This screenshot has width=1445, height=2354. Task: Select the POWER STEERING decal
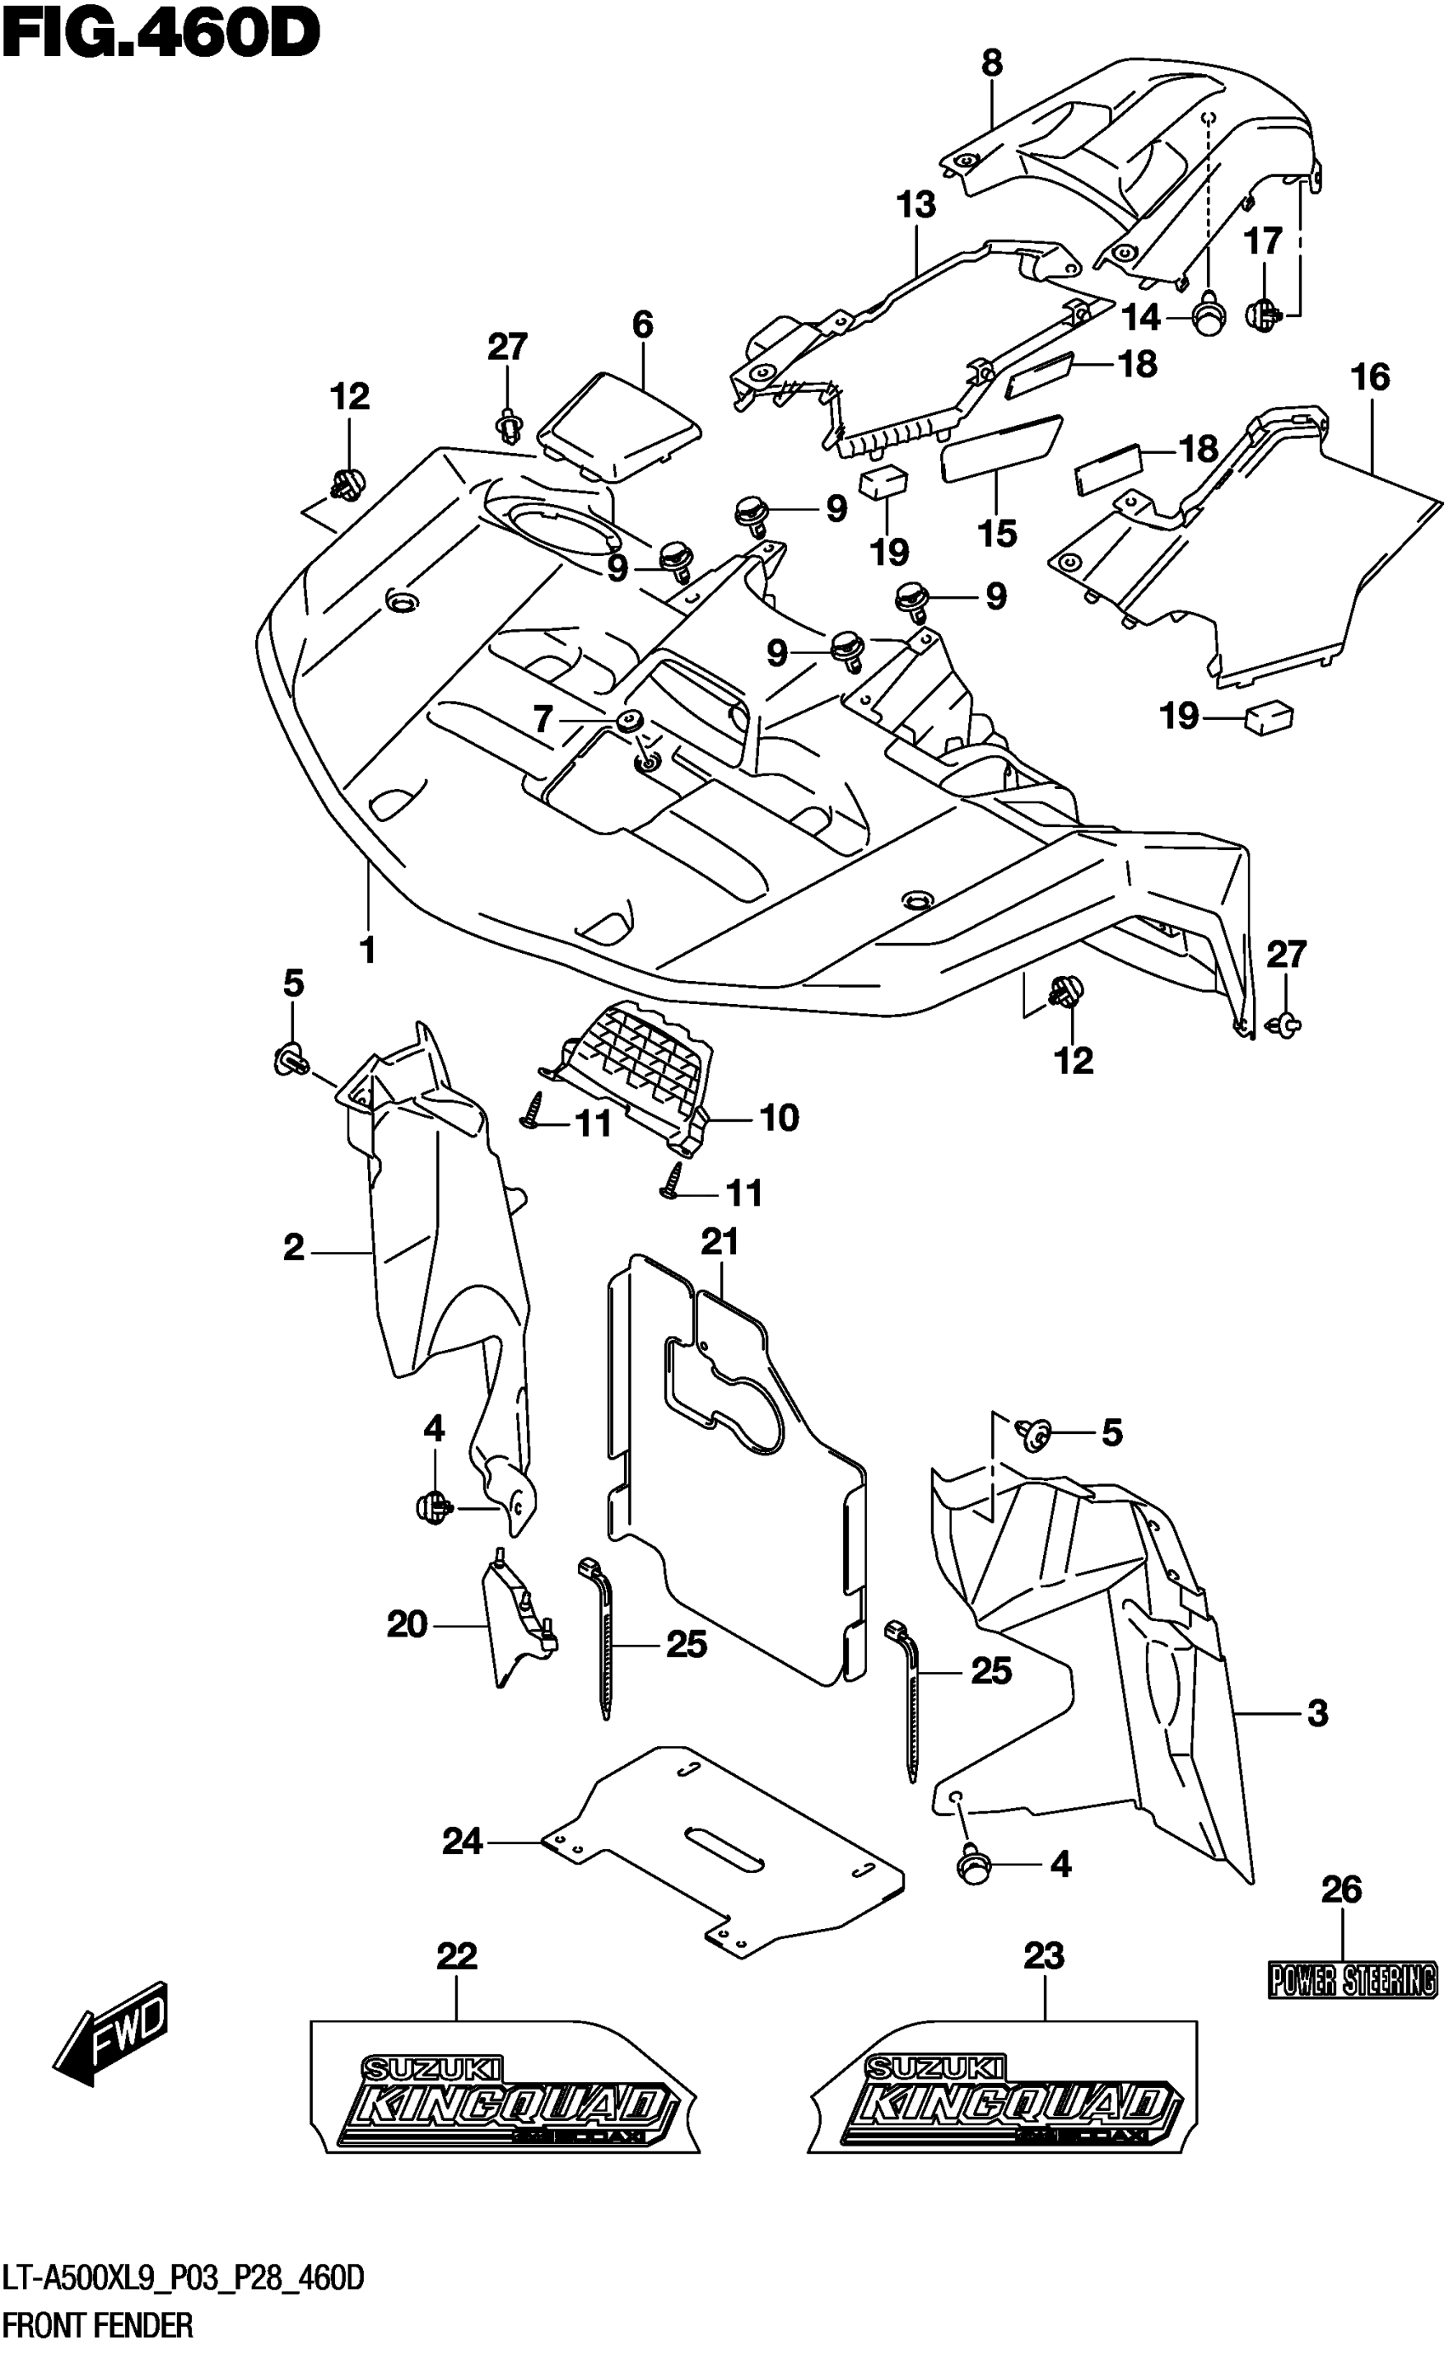pyautogui.click(x=1352, y=1979)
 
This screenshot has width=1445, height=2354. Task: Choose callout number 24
pyautogui.click(x=462, y=1841)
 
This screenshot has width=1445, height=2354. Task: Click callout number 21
pyautogui.click(x=720, y=1241)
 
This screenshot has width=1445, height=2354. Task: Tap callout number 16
pyautogui.click(x=1370, y=377)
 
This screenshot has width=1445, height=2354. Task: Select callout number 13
pyautogui.click(x=915, y=206)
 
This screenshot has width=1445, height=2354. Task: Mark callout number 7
pyautogui.click(x=543, y=718)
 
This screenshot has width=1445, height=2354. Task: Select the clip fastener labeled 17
pyautogui.click(x=1265, y=314)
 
